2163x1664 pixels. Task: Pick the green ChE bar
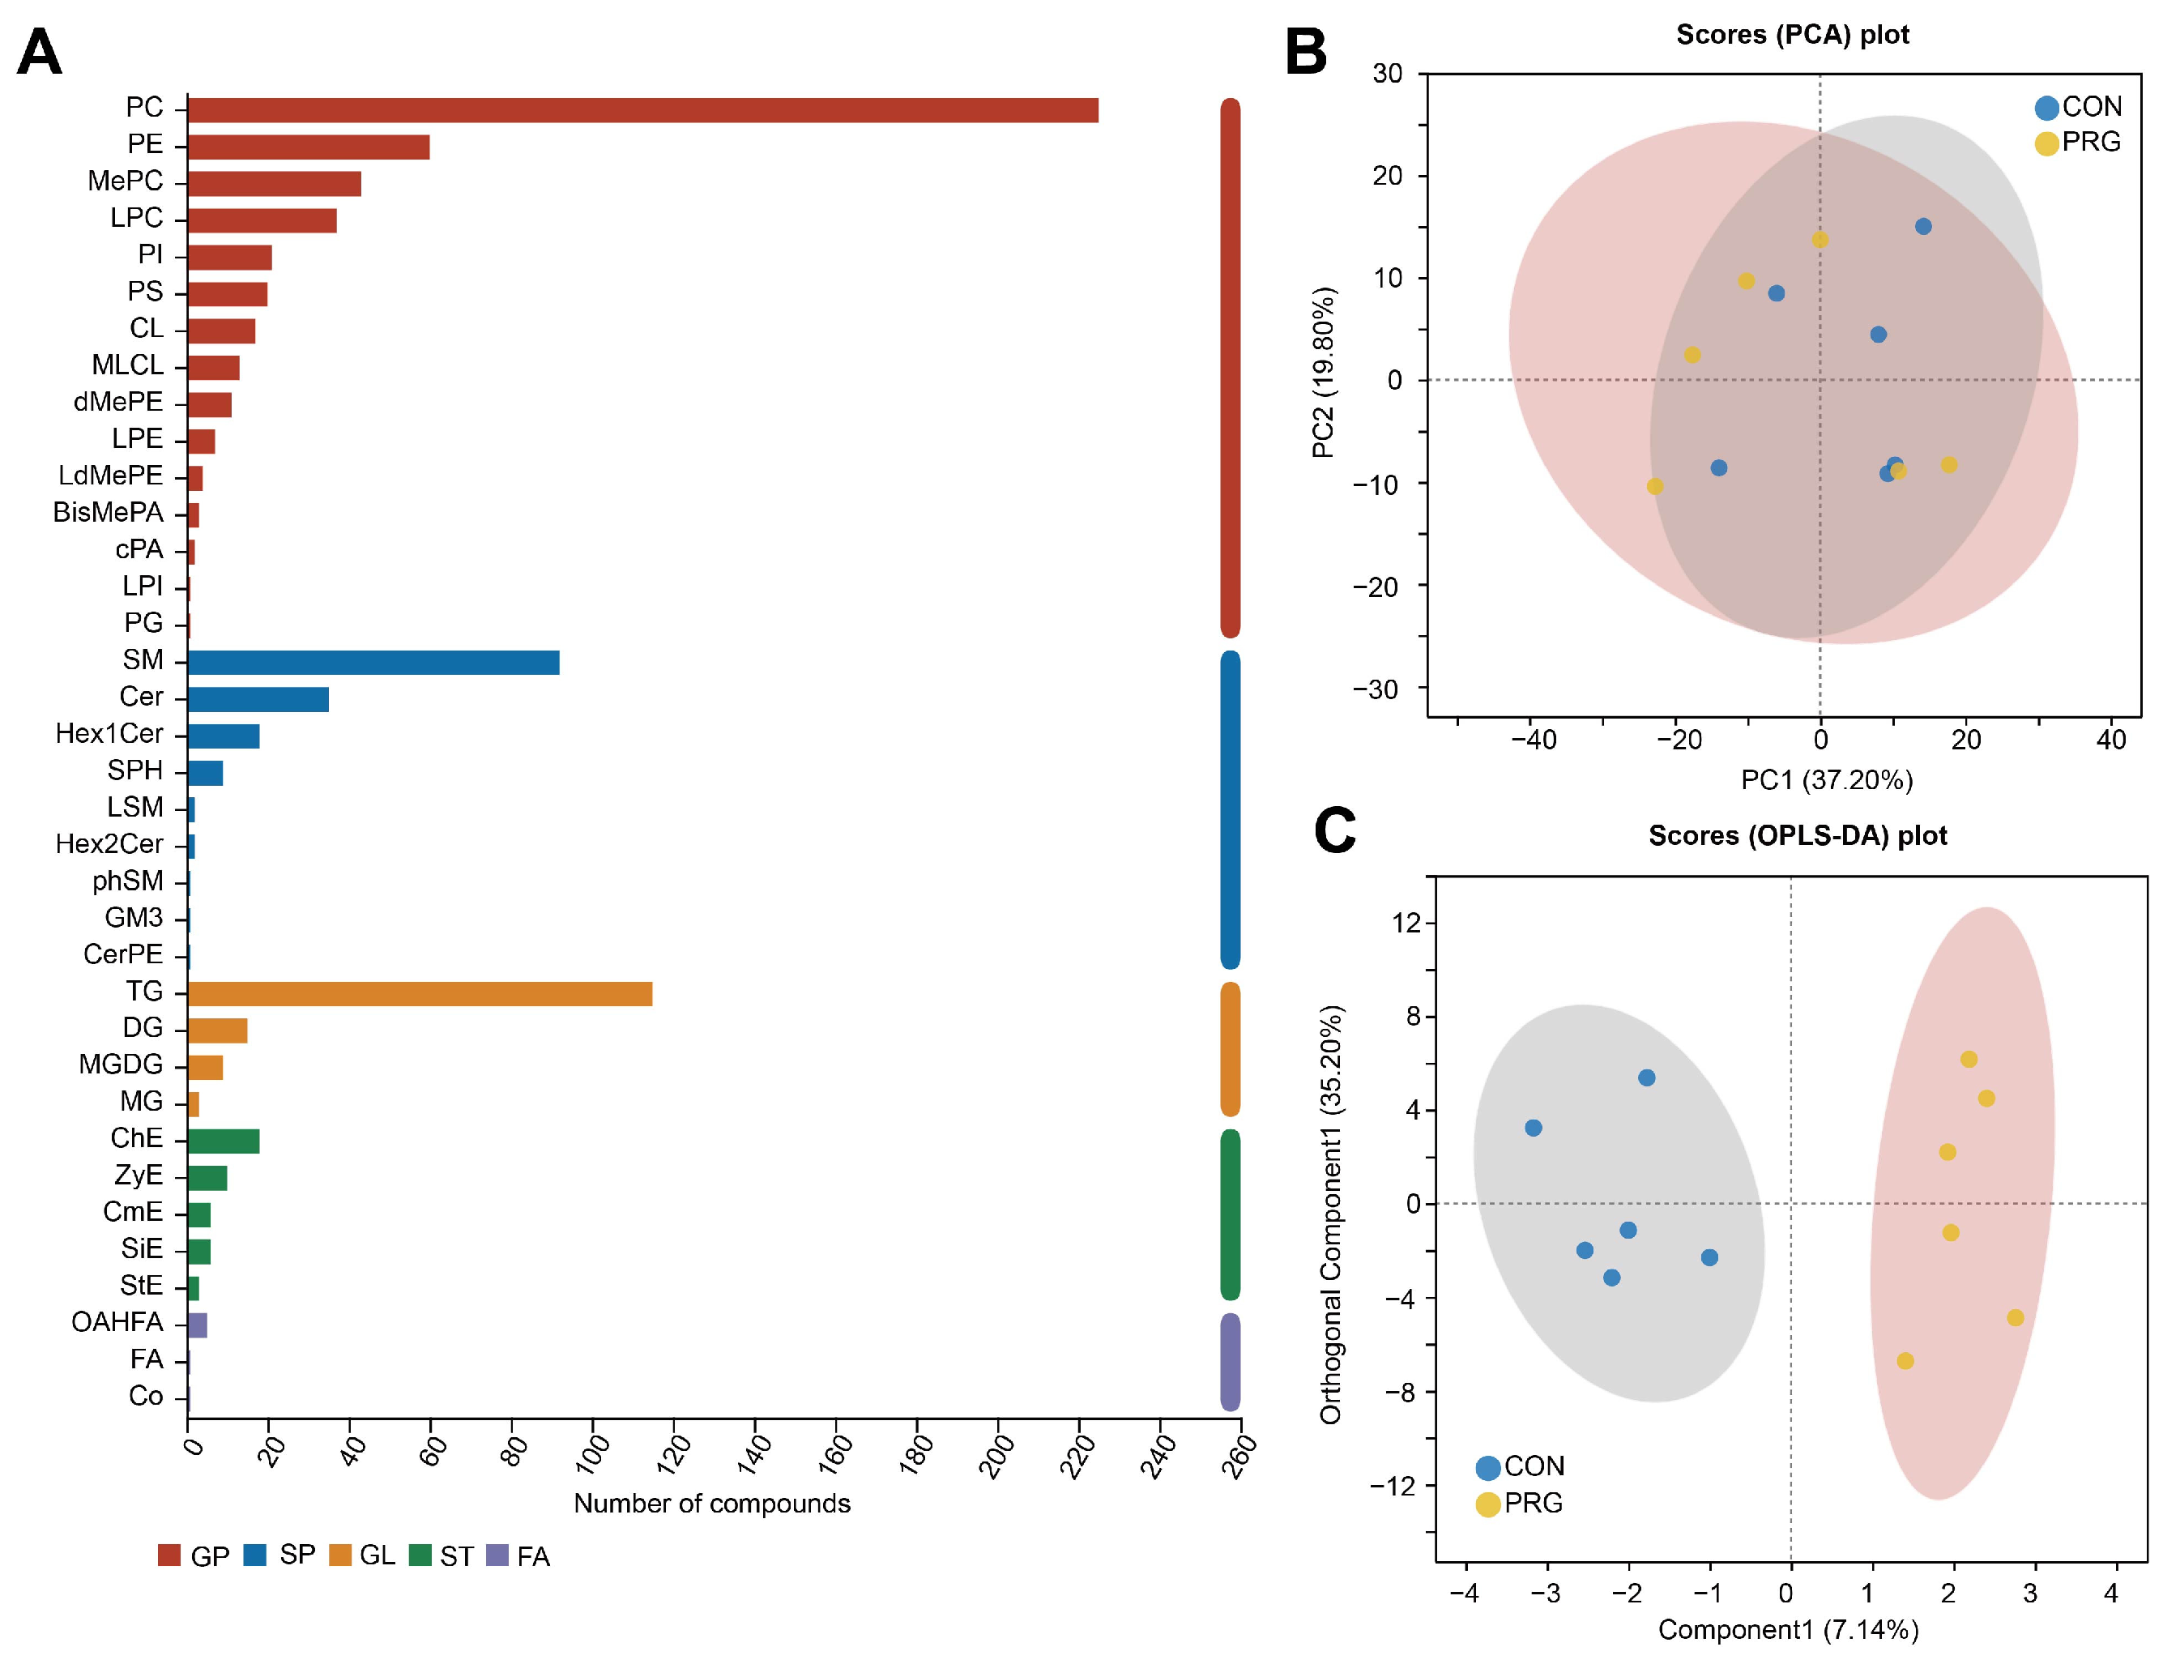coord(223,1141)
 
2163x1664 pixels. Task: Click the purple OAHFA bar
coord(197,1325)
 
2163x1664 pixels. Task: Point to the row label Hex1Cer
coord(109,734)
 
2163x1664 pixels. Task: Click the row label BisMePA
coord(108,512)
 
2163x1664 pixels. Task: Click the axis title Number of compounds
coord(711,1504)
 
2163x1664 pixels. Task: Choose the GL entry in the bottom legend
coord(377,1556)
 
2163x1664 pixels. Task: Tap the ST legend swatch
coord(420,1555)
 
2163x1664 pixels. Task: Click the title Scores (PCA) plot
coord(1792,35)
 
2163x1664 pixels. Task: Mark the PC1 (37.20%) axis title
coord(1826,780)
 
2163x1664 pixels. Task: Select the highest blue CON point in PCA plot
coord(1923,227)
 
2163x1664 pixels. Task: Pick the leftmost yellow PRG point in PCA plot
coord(1655,486)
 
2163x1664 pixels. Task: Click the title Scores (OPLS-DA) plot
coord(1797,836)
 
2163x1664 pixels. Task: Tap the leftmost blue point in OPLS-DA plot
coord(1533,1129)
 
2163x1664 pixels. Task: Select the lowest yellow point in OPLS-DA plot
coord(1905,1361)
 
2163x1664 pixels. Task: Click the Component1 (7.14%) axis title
coord(1788,1629)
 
